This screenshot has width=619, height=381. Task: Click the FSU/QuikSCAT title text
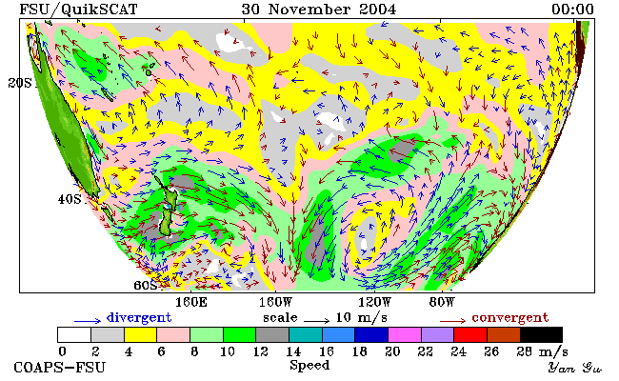coord(78,10)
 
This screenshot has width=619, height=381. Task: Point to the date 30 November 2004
coord(319,9)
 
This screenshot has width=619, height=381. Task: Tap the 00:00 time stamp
coord(572,9)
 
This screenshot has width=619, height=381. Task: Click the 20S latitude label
coord(20,83)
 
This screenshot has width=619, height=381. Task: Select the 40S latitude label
coord(70,199)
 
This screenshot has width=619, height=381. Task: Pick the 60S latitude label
coord(146,285)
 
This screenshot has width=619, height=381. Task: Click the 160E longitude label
coord(191,303)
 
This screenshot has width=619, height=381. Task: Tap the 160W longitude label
coord(275,303)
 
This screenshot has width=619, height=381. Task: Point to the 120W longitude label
coord(374,303)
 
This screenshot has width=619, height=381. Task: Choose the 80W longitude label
coord(442,303)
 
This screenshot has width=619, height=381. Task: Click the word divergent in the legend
coord(139,318)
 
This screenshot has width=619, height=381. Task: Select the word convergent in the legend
coord(510,318)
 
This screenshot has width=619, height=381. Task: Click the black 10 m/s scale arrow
coord(316,320)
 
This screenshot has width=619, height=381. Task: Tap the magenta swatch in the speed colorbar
coord(404,334)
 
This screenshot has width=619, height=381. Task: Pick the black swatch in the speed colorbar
coord(541,334)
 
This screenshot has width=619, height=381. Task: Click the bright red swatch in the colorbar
coord(470,334)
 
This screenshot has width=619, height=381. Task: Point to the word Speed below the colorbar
coord(309,366)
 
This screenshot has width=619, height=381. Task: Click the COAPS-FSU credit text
coord(60,367)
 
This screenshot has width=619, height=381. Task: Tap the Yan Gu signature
coord(574,368)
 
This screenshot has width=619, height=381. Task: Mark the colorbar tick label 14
coord(293,351)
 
